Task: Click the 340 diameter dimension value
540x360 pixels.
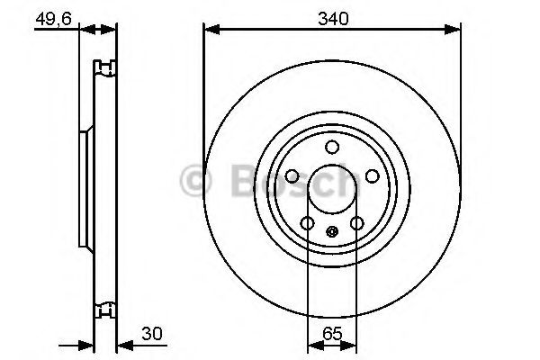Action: click(332, 17)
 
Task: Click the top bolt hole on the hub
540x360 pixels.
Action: click(332, 148)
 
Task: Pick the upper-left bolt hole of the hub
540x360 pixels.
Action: click(292, 177)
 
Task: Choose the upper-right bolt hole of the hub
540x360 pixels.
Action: click(372, 177)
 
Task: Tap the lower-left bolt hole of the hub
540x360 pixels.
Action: click(307, 223)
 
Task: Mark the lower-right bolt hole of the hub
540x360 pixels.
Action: click(356, 223)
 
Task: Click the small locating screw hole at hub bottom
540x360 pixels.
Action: click(332, 232)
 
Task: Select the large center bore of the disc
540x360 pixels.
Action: click(332, 189)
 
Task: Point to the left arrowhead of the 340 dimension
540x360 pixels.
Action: click(210, 30)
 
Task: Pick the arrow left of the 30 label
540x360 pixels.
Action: click(123, 343)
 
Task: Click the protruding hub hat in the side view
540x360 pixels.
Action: click(85, 189)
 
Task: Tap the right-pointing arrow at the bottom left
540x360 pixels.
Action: click(88, 343)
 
